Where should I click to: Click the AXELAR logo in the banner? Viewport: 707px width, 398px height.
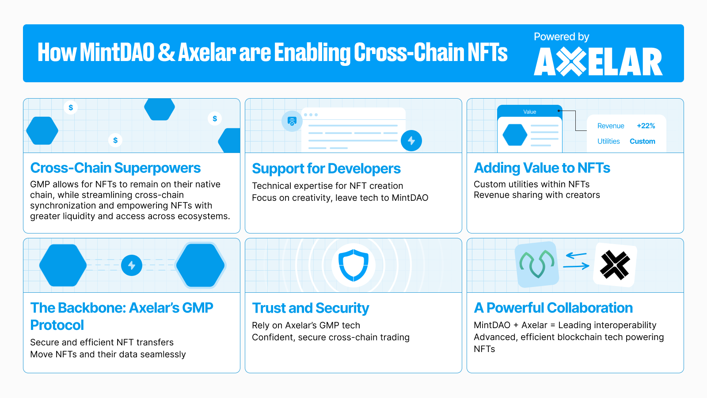pos(598,62)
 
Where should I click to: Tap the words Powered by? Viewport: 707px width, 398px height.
pos(561,37)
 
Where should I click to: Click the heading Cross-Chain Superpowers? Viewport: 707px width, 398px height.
pos(115,168)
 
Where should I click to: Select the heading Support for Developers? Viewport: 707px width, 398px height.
pos(326,168)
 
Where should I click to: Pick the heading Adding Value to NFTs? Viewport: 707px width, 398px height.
pos(542,168)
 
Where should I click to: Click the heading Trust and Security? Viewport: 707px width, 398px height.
pos(310,308)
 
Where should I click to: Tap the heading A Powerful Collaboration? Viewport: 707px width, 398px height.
pos(553,308)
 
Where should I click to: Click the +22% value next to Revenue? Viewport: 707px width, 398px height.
pos(646,126)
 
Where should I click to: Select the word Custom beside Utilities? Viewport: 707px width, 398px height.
pos(642,142)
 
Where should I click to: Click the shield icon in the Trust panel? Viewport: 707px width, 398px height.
pos(353,265)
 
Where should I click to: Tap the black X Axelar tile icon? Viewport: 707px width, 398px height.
pos(615,265)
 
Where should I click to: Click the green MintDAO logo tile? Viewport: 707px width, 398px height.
pos(537,264)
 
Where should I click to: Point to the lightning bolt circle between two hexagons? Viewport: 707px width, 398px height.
pos(132,265)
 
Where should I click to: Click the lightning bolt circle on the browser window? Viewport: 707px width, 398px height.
pos(411,141)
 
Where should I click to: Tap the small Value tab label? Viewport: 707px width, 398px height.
pos(529,112)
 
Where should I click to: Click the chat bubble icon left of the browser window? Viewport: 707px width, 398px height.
pos(292,121)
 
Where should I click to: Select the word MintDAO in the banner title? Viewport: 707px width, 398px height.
pos(117,53)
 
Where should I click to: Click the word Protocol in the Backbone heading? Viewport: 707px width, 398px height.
pos(57,325)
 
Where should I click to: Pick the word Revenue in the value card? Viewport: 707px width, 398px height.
pos(611,126)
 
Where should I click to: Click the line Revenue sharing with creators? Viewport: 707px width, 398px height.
pos(536,195)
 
